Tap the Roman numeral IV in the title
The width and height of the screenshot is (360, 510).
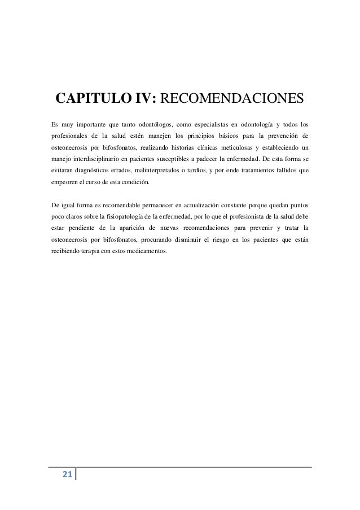145,99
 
